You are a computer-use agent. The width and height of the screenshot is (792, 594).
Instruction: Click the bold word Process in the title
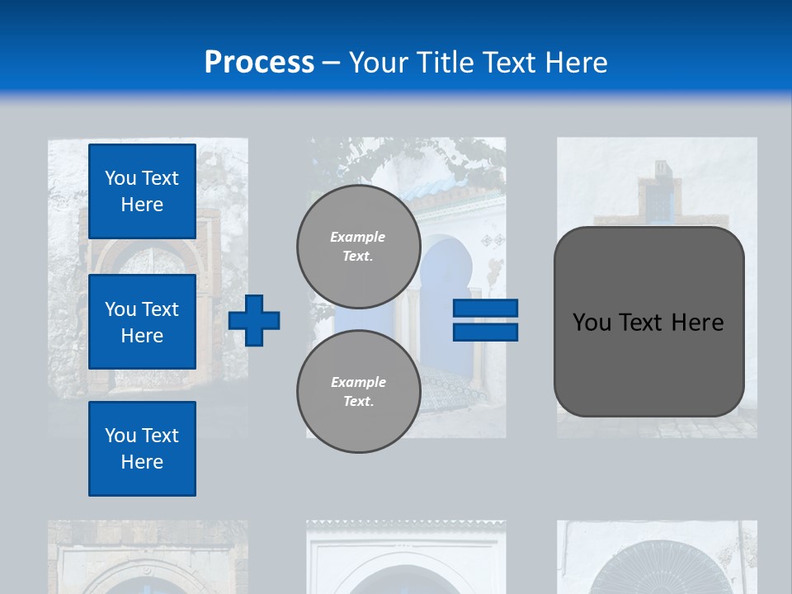[x=259, y=63]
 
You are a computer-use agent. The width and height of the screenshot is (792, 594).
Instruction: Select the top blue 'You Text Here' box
[x=142, y=191]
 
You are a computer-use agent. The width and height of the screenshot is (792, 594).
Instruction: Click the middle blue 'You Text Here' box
[x=142, y=322]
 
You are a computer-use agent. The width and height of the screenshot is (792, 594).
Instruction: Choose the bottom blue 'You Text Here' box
[x=142, y=448]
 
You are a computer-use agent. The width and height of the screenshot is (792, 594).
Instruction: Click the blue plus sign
[x=254, y=320]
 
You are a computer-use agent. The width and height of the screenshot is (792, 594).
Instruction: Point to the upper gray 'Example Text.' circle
[x=358, y=246]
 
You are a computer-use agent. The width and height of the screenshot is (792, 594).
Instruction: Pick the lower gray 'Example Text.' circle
[x=358, y=391]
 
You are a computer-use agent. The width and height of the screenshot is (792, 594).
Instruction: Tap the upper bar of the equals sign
[x=485, y=308]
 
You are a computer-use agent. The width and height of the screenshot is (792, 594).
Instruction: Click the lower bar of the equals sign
[x=485, y=332]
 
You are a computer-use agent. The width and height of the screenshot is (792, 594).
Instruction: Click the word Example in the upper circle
[x=358, y=237]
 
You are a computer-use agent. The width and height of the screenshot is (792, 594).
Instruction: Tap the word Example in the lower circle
[x=358, y=382]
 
